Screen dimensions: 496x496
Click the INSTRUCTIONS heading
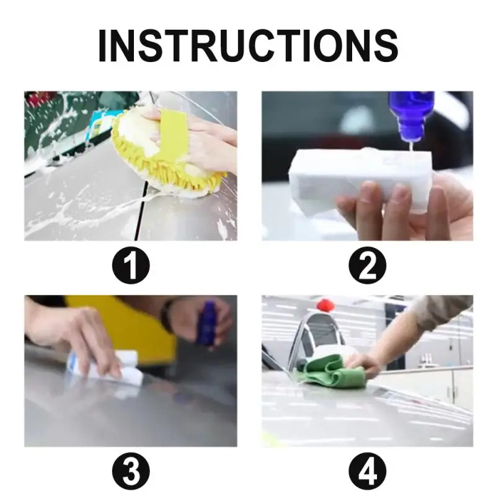pos(248,45)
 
